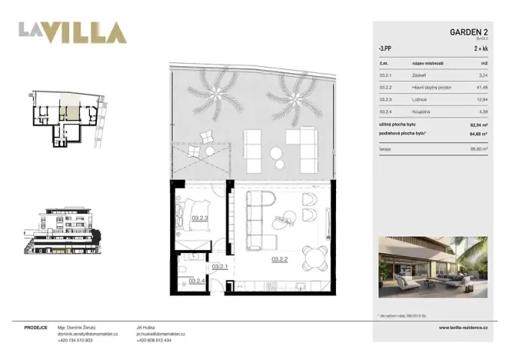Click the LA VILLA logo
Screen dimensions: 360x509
click(x=72, y=32)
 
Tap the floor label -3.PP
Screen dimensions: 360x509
click(x=383, y=48)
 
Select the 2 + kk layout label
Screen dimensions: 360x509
click(x=481, y=48)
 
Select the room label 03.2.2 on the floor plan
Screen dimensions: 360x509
click(x=279, y=260)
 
